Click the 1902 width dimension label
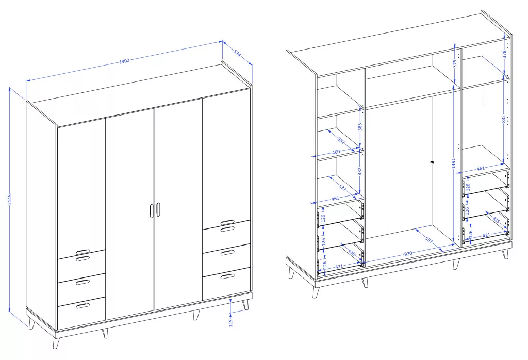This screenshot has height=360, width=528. (124, 61)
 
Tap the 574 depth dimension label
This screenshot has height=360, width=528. (237, 53)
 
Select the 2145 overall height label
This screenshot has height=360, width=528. (10, 200)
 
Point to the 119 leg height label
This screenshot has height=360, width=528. (230, 323)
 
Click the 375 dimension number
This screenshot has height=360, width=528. (454, 63)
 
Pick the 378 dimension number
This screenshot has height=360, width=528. (504, 54)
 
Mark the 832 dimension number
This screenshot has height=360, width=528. (503, 119)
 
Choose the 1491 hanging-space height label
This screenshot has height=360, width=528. (453, 163)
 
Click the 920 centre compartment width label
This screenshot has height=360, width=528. (408, 254)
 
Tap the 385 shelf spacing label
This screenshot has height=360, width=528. (360, 127)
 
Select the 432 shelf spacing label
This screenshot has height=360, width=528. (359, 171)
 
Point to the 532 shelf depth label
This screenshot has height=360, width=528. (341, 140)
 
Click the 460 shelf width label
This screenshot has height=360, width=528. (336, 152)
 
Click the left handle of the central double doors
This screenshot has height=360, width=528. (151, 210)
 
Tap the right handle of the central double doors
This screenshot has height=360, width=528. (158, 209)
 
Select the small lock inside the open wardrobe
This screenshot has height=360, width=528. (432, 163)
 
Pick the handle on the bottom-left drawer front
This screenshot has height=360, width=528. (83, 306)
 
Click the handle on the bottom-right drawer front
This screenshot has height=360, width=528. (227, 276)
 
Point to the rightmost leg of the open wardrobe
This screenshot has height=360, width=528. (505, 254)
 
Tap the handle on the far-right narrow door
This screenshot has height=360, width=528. (227, 222)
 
